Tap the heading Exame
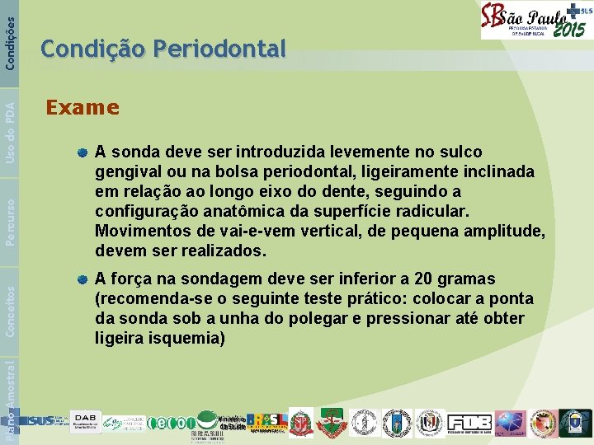[x=82, y=107]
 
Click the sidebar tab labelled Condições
[x=9, y=35]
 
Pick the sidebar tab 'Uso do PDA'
[x=9, y=129]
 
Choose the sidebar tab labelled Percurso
[x=9, y=219]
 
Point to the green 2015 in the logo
[x=568, y=30]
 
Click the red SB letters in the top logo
[x=493, y=18]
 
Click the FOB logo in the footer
[x=468, y=421]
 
